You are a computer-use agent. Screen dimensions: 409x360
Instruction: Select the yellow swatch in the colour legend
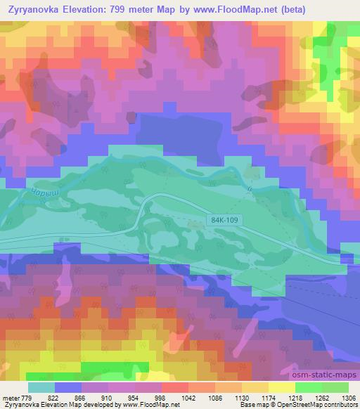tap(288, 387)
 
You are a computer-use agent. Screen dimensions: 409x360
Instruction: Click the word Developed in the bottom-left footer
tap(105, 405)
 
